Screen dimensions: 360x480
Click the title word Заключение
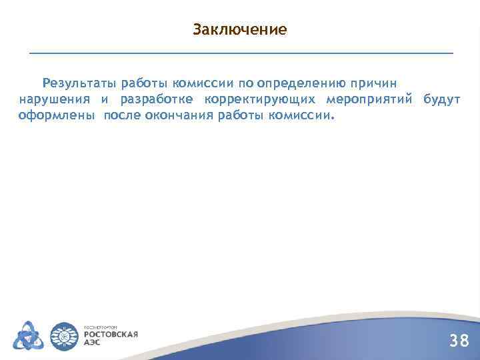[x=239, y=30]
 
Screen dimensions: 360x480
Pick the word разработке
[x=157, y=99]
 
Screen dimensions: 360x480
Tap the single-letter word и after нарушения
[x=105, y=99]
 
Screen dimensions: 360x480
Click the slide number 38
[x=459, y=341]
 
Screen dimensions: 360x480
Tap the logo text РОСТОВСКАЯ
[x=110, y=333]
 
